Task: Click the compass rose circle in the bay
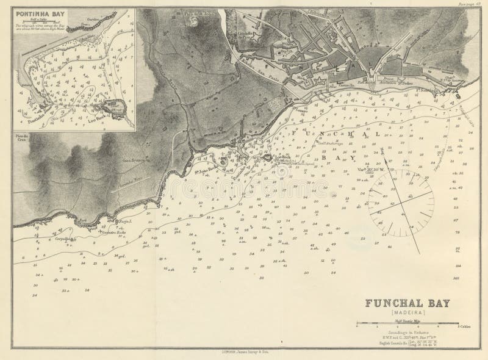[x=401, y=206]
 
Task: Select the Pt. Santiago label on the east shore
[x=426, y=90]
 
